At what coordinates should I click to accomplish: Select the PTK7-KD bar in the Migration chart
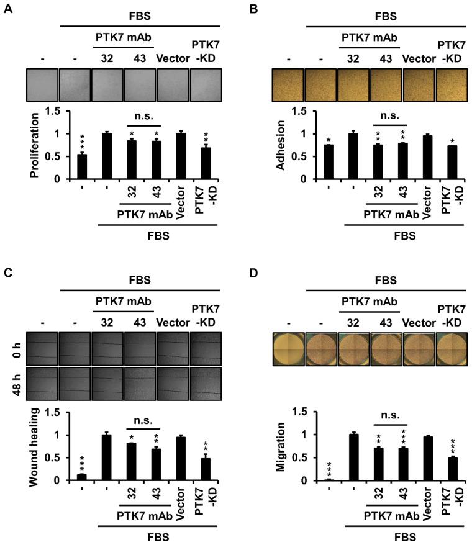click(451, 469)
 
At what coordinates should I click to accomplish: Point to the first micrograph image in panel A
click(42, 84)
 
